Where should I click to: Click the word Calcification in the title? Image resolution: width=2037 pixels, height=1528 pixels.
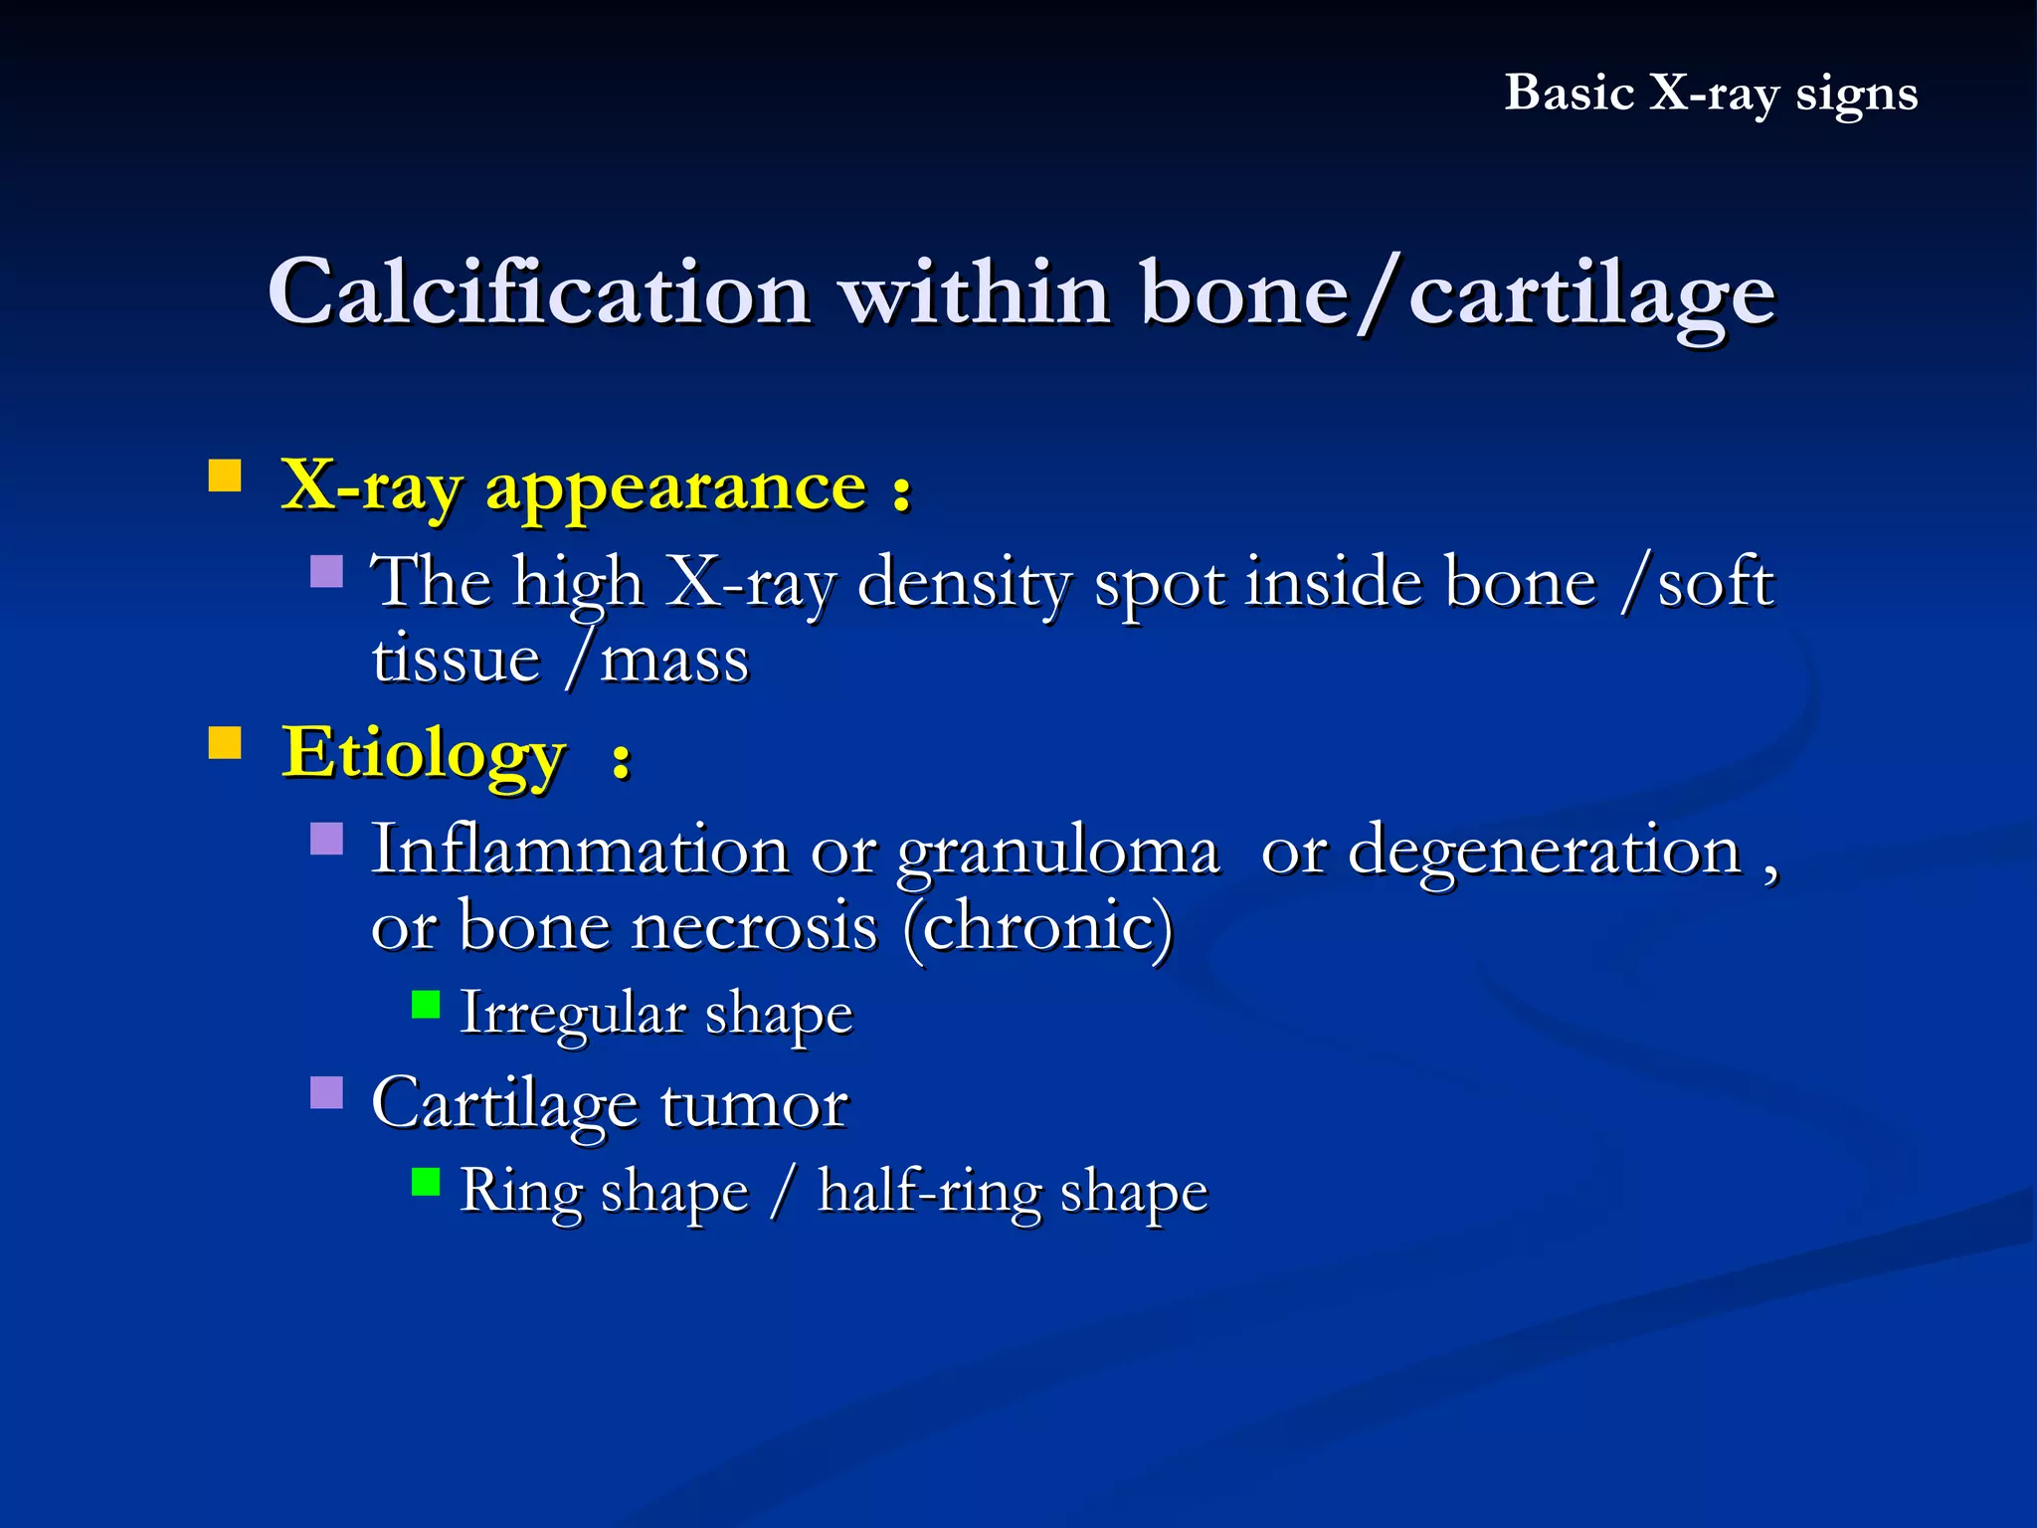538,292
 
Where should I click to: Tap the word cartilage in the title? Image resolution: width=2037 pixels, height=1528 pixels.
1591,296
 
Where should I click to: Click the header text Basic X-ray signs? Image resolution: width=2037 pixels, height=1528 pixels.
1710,94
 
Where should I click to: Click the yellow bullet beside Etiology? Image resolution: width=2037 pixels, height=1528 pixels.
225,742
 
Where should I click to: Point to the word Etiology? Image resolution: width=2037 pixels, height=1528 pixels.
424,754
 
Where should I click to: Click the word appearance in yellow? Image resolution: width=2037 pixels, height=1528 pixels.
675,487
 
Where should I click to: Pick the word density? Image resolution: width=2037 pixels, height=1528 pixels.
963,583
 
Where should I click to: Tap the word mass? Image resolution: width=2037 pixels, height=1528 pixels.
674,660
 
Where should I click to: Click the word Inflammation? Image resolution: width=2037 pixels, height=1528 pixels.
580,851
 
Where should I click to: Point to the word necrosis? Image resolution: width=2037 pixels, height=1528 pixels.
755,926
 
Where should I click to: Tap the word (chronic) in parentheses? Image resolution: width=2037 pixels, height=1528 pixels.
1038,926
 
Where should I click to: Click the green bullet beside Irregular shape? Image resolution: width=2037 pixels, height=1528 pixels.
426,1005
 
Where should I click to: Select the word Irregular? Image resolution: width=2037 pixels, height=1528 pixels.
573,1014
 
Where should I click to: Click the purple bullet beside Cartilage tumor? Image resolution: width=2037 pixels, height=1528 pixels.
326,1092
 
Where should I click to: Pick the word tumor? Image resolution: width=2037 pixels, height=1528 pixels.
753,1104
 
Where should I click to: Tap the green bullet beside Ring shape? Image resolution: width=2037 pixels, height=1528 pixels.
426,1182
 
